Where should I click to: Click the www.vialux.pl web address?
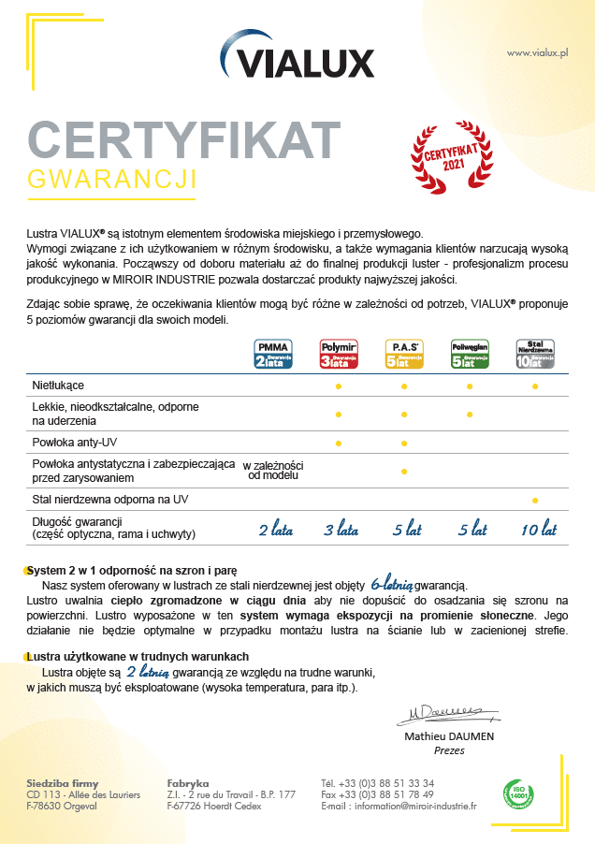pos(538,53)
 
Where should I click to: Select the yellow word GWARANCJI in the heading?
pos(112,179)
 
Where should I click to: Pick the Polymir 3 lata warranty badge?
pos(339,355)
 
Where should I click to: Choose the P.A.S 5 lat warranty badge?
pos(404,355)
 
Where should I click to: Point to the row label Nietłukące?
pos(58,385)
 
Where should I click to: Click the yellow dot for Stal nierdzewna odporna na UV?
pos(535,501)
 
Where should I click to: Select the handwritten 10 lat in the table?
pos(538,530)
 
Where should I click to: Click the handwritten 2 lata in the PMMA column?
pos(275,530)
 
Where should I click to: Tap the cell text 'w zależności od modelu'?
pos(273,471)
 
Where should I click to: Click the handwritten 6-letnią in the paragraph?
pos(393,582)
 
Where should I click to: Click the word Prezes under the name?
pos(450,749)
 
